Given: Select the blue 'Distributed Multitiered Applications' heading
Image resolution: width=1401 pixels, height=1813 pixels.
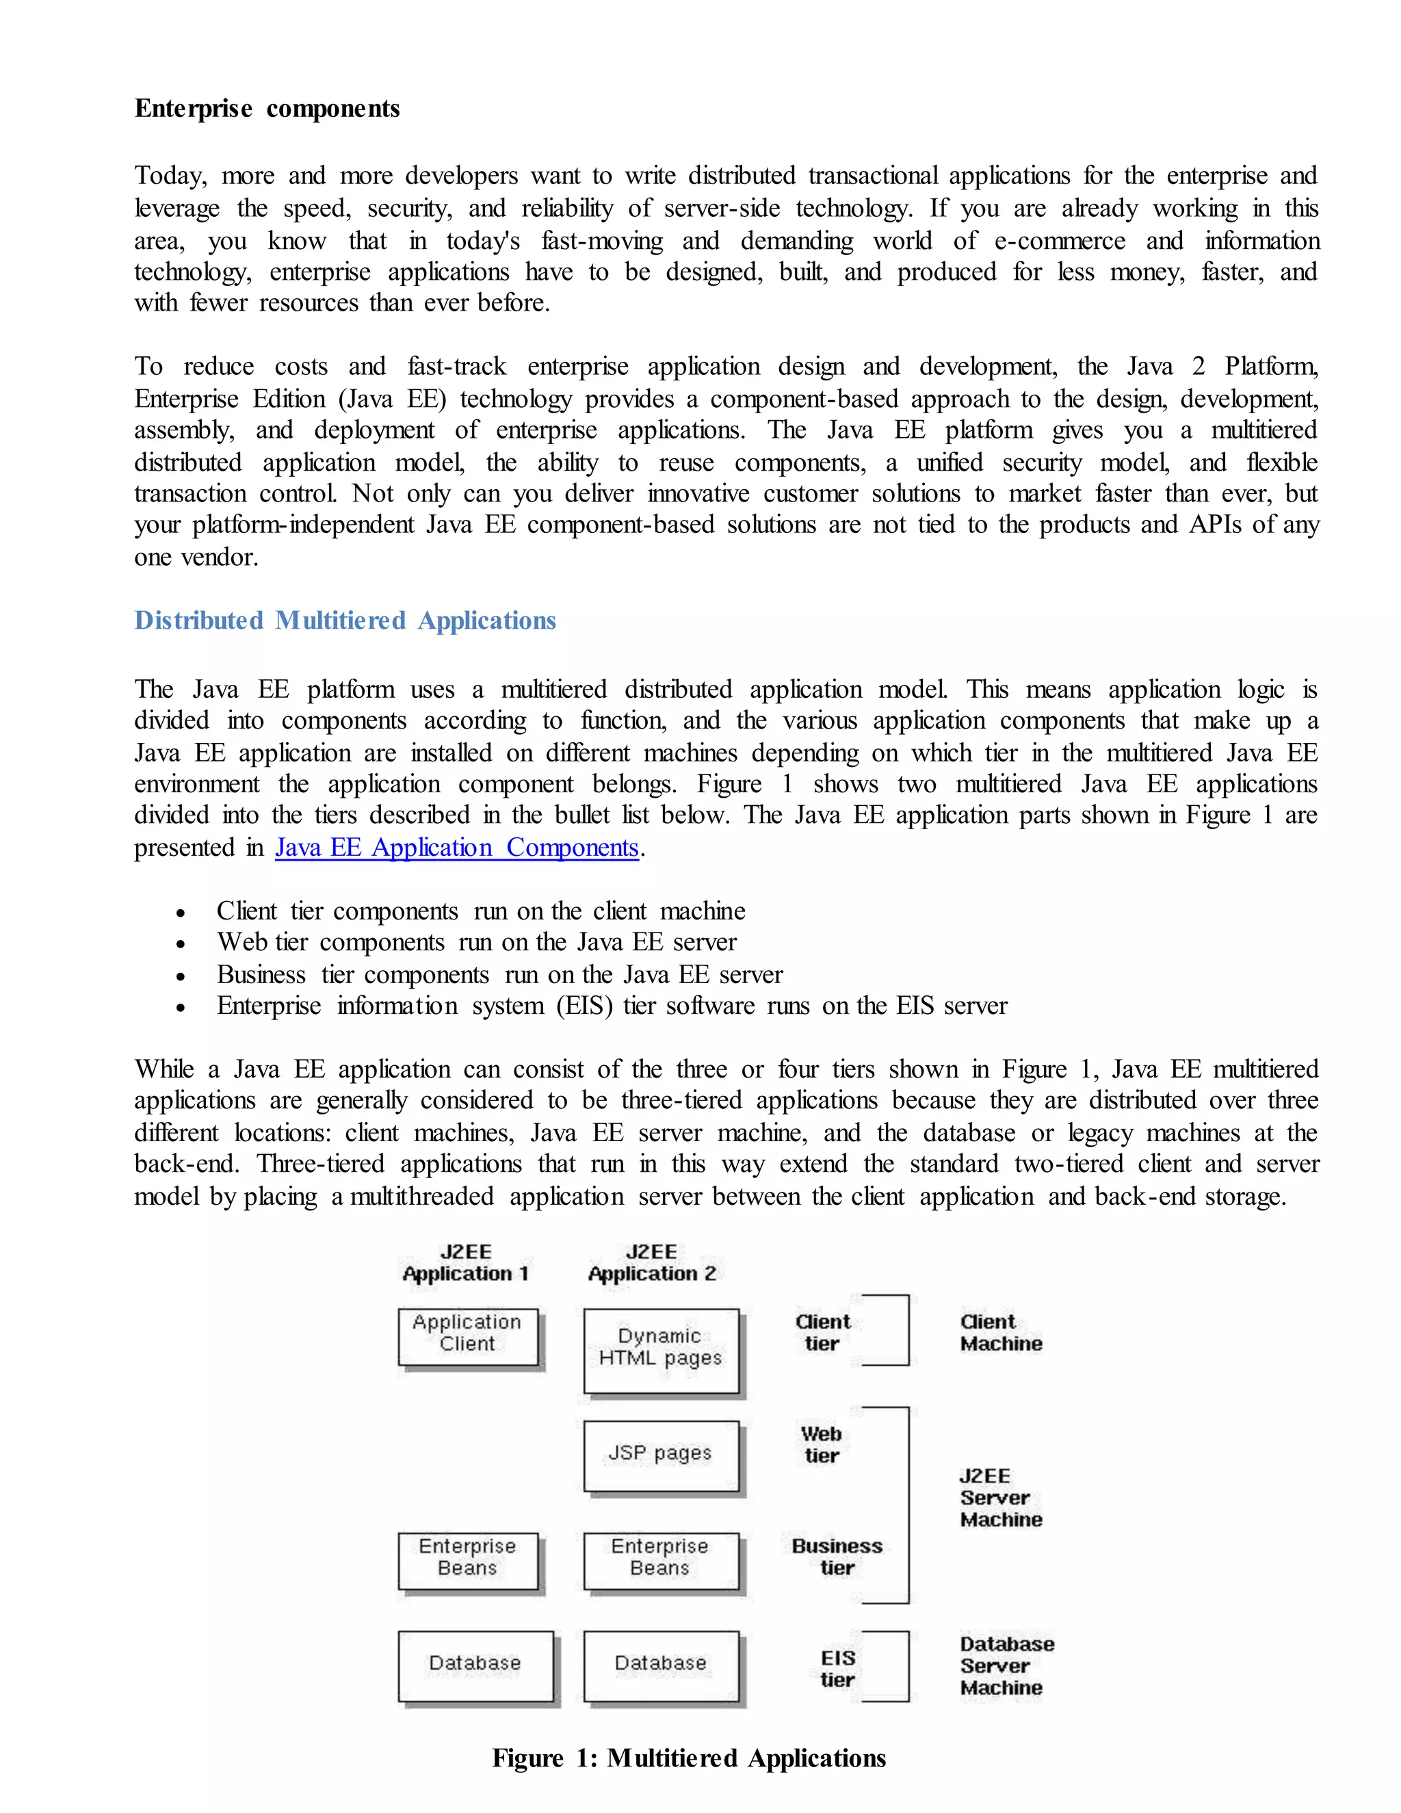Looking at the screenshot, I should (x=345, y=621).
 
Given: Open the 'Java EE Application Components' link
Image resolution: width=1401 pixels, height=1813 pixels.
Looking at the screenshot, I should (x=456, y=848).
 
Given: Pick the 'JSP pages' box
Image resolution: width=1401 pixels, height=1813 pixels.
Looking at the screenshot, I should (x=661, y=1455).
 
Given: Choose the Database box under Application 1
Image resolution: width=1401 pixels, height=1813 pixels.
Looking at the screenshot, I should (x=475, y=1665).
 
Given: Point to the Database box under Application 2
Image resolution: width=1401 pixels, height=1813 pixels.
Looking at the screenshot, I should (x=661, y=1665).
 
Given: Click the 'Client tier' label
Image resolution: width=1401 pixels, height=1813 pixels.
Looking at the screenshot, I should (x=822, y=1332).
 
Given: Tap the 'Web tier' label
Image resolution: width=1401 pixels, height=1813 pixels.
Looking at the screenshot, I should (x=822, y=1444).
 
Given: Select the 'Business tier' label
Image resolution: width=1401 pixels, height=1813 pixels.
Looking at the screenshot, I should (x=837, y=1556).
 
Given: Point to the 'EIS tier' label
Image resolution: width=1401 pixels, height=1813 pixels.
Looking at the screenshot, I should (x=837, y=1669).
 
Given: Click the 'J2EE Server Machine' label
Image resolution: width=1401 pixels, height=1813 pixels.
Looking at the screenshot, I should (x=1000, y=1498).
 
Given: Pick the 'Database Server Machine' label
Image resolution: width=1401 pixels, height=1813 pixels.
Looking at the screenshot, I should (x=1006, y=1665).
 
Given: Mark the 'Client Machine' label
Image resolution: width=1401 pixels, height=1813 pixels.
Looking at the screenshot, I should (x=1000, y=1332).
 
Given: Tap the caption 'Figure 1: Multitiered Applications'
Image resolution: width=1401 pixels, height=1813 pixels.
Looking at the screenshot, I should (x=689, y=1758).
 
